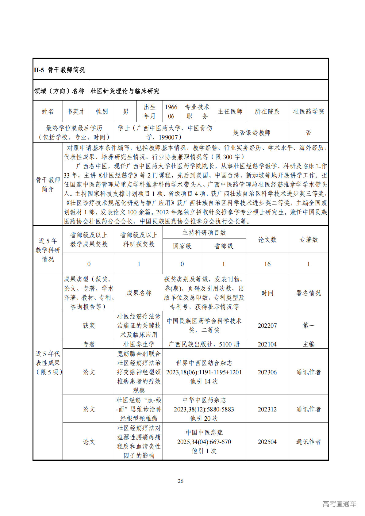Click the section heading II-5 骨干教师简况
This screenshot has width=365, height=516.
(60, 70)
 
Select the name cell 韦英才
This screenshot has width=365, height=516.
(76, 112)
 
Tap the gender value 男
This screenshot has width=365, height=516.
(126, 112)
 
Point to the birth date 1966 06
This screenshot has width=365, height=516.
(171, 112)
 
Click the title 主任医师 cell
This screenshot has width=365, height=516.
(230, 112)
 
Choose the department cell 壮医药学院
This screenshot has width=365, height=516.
(309, 112)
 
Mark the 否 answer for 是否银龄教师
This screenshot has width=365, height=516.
(309, 132)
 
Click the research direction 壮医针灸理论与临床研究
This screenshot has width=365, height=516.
(125, 91)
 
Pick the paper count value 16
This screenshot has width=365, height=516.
(267, 264)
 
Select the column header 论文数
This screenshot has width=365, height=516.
(267, 240)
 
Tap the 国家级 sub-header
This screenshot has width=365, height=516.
(182, 246)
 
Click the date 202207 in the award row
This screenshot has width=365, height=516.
(267, 326)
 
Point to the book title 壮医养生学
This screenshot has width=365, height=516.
(139, 344)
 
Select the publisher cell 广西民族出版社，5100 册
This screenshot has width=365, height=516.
(204, 344)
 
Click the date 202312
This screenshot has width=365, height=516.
(267, 409)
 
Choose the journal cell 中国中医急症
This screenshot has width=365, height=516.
(204, 433)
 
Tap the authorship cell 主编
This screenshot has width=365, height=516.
(309, 344)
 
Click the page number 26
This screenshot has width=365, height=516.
(181, 481)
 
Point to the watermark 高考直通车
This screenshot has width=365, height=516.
(339, 504)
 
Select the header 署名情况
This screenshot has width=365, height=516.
(309, 293)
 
